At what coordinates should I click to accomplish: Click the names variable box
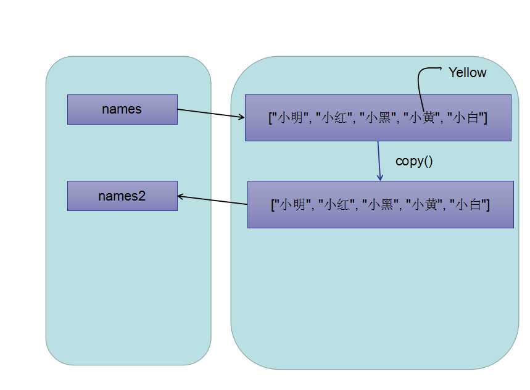pos(122,109)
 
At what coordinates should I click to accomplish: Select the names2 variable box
pos(122,196)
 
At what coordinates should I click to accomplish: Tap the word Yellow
pos(467,73)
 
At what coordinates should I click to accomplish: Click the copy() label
pos(414,161)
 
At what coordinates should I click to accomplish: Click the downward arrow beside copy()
pos(379,161)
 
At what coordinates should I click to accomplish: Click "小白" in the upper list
pos(465,118)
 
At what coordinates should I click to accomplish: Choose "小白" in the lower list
pos(468,204)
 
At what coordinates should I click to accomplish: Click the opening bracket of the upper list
pos(270,118)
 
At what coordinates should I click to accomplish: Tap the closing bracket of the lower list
pos(487,204)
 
